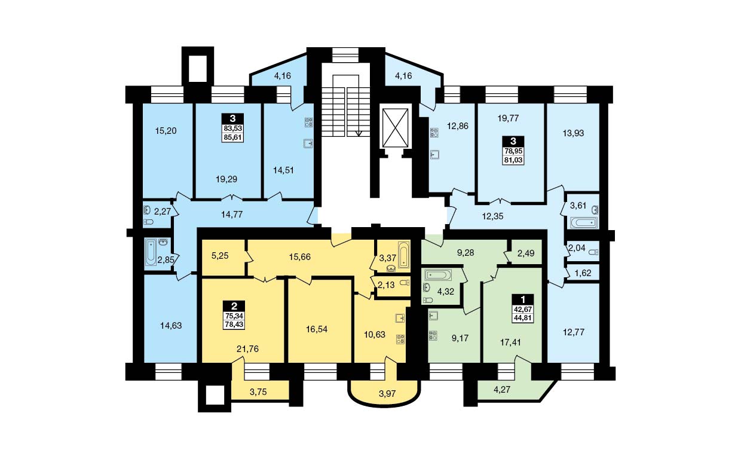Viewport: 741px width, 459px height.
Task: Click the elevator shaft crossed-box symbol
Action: click(x=395, y=128)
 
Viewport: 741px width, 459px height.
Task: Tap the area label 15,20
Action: click(x=166, y=131)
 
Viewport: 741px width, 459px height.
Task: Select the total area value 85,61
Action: click(x=233, y=137)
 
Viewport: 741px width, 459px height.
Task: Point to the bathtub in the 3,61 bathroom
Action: click(x=584, y=222)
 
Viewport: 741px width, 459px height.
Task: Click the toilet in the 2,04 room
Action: click(x=593, y=252)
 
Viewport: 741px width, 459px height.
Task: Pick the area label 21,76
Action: click(x=247, y=349)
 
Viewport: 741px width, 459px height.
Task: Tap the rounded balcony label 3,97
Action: click(x=387, y=394)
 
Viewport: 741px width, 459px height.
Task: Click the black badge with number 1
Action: click(x=523, y=299)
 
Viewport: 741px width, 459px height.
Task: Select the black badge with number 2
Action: click(x=234, y=306)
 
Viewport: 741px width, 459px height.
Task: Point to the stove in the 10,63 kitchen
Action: click(x=400, y=339)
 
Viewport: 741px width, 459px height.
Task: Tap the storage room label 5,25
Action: click(x=220, y=256)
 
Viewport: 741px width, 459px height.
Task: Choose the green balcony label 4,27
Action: click(x=502, y=390)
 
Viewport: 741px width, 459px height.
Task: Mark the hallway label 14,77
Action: click(x=232, y=215)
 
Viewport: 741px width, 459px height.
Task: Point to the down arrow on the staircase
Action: click(x=359, y=133)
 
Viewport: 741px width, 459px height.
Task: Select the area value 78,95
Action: click(x=513, y=151)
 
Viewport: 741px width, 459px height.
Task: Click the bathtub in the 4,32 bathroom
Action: click(x=438, y=275)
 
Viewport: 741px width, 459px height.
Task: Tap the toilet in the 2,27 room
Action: click(x=148, y=222)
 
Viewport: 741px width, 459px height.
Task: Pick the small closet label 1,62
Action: click(x=583, y=273)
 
